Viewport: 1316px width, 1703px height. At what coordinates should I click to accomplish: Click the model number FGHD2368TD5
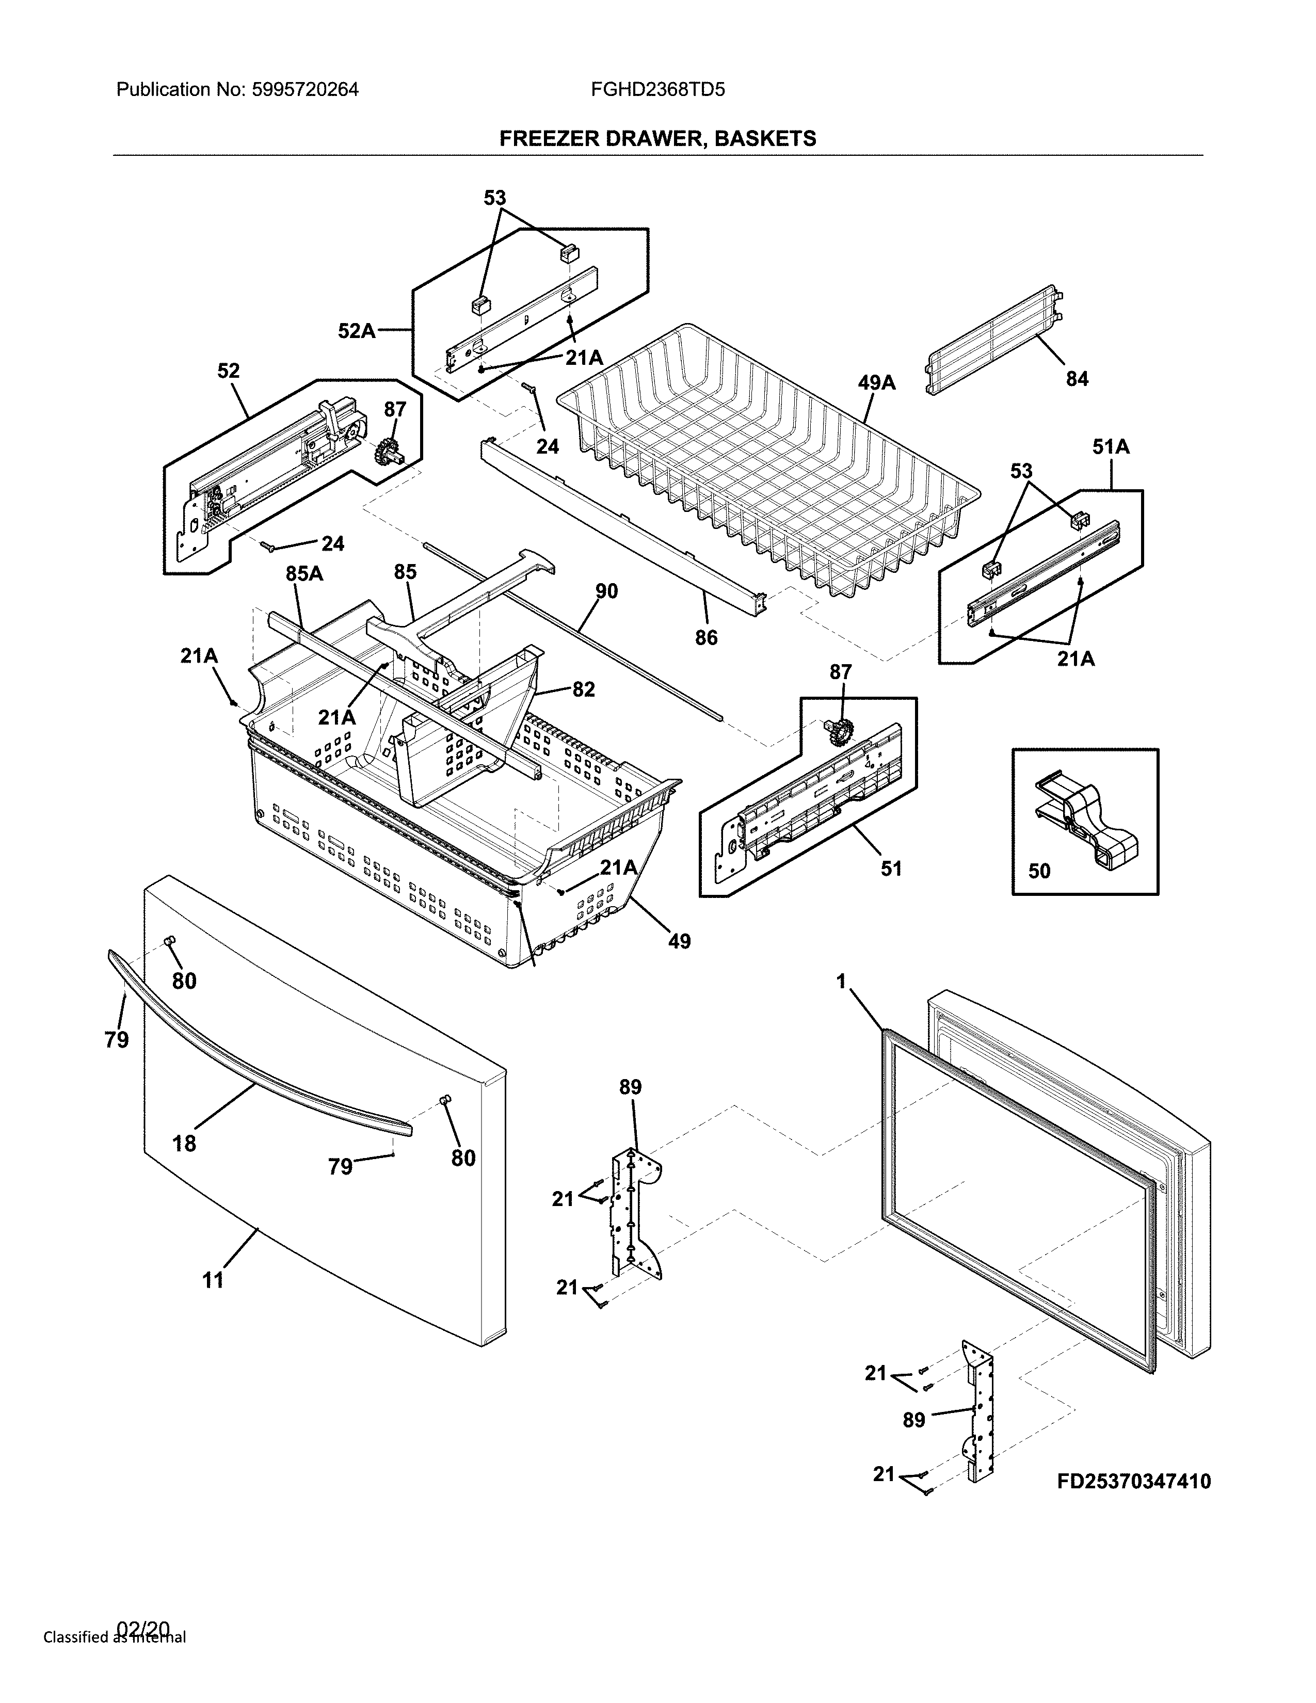pyautogui.click(x=657, y=90)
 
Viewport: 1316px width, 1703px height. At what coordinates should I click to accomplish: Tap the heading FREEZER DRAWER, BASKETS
pyautogui.click(x=657, y=139)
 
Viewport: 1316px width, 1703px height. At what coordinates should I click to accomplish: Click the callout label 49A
pyautogui.click(x=876, y=383)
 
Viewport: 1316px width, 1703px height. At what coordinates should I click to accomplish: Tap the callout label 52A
pyautogui.click(x=356, y=331)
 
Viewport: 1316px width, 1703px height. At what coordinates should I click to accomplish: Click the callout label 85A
pyautogui.click(x=304, y=574)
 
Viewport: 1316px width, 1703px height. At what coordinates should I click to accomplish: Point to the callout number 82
pyautogui.click(x=583, y=689)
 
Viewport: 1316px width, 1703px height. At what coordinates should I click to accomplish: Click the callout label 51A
pyautogui.click(x=1110, y=447)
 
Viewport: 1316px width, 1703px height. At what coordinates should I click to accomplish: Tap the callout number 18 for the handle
pyautogui.click(x=185, y=1144)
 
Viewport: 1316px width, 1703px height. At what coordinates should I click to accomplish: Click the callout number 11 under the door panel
pyautogui.click(x=213, y=1280)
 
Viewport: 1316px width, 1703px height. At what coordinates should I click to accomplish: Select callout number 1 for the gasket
pyautogui.click(x=841, y=982)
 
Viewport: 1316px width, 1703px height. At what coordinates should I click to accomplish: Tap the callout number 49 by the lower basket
pyautogui.click(x=679, y=942)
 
